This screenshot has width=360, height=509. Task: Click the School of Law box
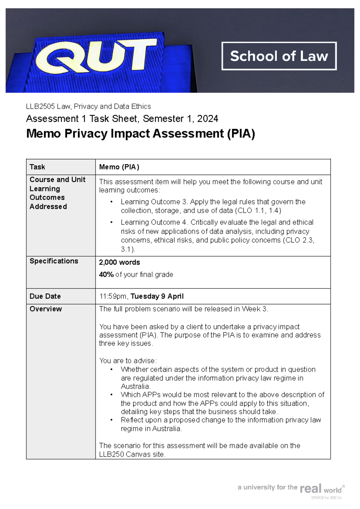tap(279, 56)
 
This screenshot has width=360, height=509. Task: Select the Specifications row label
tap(54, 261)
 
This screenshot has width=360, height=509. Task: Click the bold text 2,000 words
tap(119, 262)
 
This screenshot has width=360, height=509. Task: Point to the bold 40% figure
tap(106, 275)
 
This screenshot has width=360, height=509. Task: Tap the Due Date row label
tap(45, 296)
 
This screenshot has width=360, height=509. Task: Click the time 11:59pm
tap(113, 297)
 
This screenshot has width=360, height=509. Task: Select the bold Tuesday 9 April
tap(157, 297)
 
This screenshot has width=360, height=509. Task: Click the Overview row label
tap(46, 309)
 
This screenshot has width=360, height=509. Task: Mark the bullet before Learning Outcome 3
tap(112, 202)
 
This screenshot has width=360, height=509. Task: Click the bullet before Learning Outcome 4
tap(112, 223)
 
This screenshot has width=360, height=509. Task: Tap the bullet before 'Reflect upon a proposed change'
tap(112, 420)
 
